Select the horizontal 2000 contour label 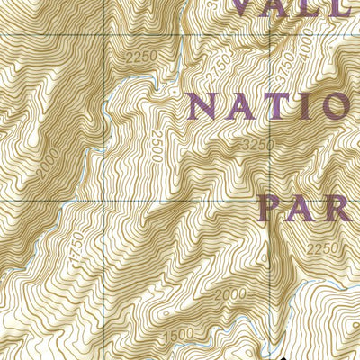pyautogui.click(x=229, y=295)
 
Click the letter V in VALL pyautogui.click(x=248, y=7)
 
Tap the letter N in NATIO pyautogui.click(x=203, y=106)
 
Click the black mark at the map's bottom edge pyautogui.click(x=267, y=356)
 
